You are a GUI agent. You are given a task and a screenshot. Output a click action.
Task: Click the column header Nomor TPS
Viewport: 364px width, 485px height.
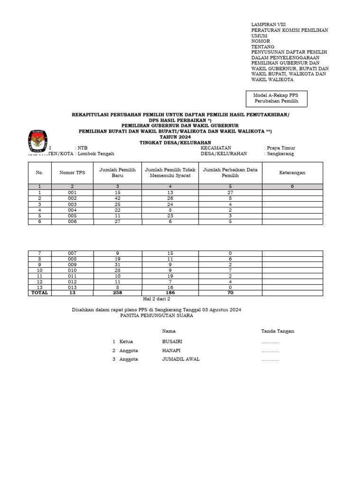tap(72, 173)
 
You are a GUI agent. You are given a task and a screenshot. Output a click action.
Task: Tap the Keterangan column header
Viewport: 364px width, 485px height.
tap(292, 173)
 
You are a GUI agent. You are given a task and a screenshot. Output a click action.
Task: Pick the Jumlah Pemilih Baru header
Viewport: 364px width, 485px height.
tap(117, 173)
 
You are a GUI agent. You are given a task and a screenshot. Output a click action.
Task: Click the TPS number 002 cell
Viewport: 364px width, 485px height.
tap(72, 198)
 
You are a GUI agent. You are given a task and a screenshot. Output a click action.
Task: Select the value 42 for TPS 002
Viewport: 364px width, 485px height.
tap(117, 198)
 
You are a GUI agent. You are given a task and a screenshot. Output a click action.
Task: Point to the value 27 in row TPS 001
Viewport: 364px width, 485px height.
tap(230, 193)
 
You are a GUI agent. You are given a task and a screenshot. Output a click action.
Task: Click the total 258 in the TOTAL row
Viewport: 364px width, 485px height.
tap(117, 293)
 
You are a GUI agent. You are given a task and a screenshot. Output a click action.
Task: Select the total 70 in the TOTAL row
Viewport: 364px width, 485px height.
tap(230, 293)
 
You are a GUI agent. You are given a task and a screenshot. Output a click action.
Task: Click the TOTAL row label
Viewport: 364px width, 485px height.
tap(40, 293)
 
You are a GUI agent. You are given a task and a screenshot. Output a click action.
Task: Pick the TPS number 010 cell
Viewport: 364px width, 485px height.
tap(72, 270)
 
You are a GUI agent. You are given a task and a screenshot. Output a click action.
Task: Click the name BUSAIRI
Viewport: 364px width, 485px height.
tap(172, 341)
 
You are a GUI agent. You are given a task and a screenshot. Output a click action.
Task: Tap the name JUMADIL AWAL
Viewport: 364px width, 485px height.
tap(181, 359)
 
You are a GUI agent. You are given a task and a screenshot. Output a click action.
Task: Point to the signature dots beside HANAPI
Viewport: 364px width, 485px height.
tap(270, 351)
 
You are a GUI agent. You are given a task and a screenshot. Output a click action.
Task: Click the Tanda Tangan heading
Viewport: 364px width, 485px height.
tap(277, 331)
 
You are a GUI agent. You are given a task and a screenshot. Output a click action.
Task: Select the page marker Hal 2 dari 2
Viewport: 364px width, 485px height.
tap(156, 299)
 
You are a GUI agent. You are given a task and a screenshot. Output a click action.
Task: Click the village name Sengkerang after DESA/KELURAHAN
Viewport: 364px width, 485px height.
tap(280, 154)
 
